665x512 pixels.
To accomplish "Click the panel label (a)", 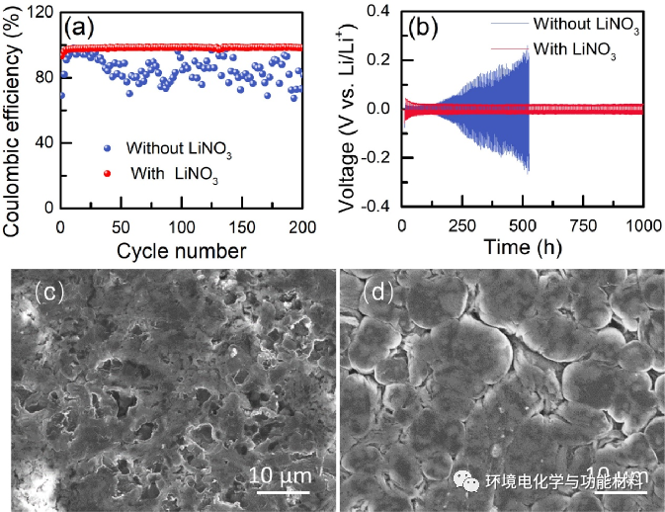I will (79, 27).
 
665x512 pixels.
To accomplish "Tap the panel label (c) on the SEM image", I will (49, 293).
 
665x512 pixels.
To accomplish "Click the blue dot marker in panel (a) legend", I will (107, 149).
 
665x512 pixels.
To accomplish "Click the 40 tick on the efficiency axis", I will (44, 143).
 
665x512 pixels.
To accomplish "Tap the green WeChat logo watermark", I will (463, 481).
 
